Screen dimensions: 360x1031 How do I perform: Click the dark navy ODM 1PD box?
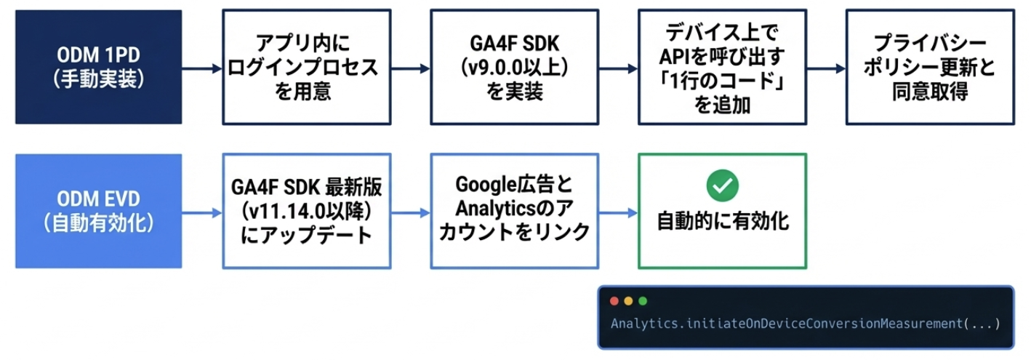coord(98,67)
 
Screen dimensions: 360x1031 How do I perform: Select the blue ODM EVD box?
coord(98,211)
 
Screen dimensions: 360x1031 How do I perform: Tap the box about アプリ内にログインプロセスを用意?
coord(306,67)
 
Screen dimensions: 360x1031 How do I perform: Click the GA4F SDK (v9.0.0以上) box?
coord(514,67)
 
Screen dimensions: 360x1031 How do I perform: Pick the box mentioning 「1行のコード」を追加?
coord(722,67)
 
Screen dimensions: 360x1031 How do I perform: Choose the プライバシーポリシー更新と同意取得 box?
coord(930,67)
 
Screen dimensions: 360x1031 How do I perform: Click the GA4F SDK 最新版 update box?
coord(306,211)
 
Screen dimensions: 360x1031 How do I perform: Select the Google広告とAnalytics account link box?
coord(514,211)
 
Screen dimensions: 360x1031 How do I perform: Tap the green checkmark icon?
coord(722,186)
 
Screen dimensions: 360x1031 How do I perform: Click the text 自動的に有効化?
coord(722,221)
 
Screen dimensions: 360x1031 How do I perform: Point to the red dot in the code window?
coord(614,301)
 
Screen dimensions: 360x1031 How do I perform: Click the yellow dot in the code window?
coord(628,301)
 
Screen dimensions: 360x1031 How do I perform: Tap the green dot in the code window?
coord(642,301)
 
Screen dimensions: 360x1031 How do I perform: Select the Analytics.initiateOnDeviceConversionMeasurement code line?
coord(806,324)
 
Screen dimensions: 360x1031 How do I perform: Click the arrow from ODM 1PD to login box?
coord(201,68)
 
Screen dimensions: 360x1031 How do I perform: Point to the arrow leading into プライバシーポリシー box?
coord(826,68)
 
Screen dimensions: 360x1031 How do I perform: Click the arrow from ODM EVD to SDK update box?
coord(201,212)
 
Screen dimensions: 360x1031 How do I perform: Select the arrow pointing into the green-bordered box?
coord(617,212)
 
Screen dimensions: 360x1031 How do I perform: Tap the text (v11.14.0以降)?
coord(306,212)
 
